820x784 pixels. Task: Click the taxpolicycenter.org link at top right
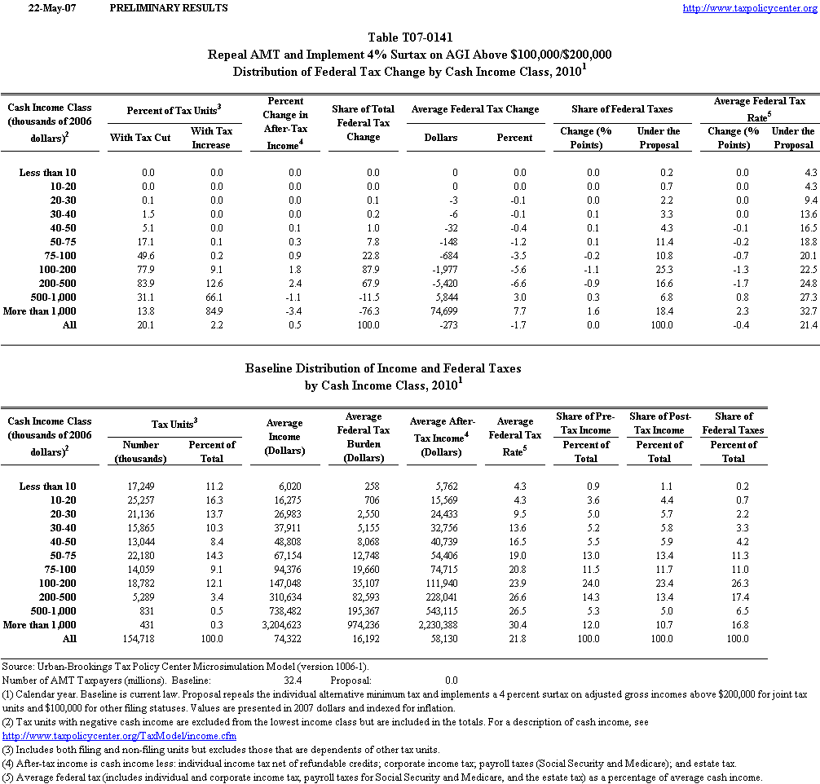pyautogui.click(x=748, y=8)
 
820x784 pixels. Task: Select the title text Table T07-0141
pyautogui.click(x=410, y=37)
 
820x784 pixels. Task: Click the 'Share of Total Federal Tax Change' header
pyautogui.click(x=363, y=122)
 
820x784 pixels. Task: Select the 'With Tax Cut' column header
pyautogui.click(x=140, y=138)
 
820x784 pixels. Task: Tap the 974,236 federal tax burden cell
pyautogui.click(x=360, y=625)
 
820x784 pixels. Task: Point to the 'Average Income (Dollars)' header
pyautogui.click(x=284, y=437)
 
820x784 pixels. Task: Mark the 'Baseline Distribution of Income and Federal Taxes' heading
pyautogui.click(x=383, y=368)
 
